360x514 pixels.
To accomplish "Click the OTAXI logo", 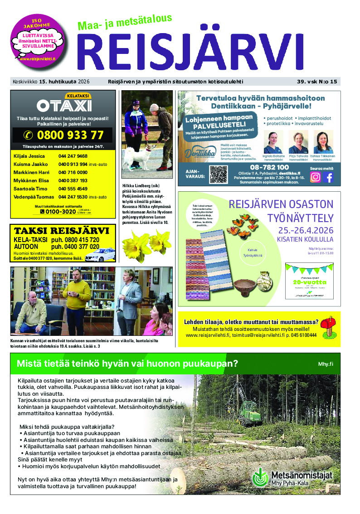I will click(64, 106).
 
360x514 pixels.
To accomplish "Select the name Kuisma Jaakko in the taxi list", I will click(31, 164).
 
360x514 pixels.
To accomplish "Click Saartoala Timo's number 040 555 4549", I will click(73, 189).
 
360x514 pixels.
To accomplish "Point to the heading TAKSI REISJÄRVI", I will click(61, 230).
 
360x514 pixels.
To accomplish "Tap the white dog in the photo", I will click(136, 155).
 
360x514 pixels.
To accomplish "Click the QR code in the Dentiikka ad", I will click(218, 174).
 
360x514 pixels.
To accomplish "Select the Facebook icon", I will click(329, 178).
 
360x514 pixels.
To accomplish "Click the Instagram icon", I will click(315, 178).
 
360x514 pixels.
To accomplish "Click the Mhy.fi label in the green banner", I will click(325, 364).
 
